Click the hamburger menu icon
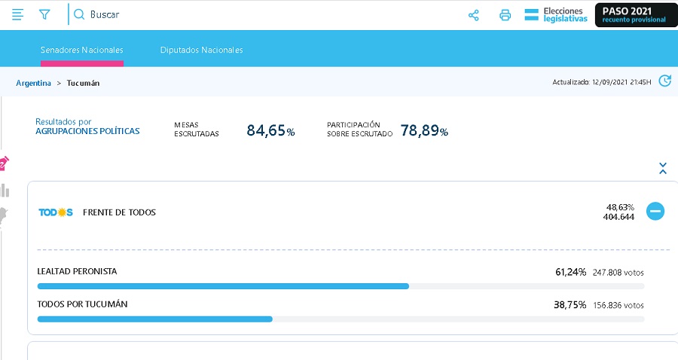pos(17,15)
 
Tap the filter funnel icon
pos(44,15)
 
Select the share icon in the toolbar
pos(474,16)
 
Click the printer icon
pos(505,16)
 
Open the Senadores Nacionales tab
pos(81,50)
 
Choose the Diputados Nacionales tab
pos(201,50)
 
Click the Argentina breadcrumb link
pos(33,83)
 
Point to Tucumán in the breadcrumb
pos(83,83)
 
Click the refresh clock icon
pos(664,81)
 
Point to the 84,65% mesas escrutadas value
pos(270,130)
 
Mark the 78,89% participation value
pos(424,130)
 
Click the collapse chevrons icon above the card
pos(662,168)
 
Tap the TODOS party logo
pos(56,212)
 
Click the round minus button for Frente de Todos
pos(655,211)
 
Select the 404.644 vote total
pos(618,217)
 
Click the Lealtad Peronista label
pos(77,271)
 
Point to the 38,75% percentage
pos(570,305)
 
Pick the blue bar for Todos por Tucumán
pos(154,319)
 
